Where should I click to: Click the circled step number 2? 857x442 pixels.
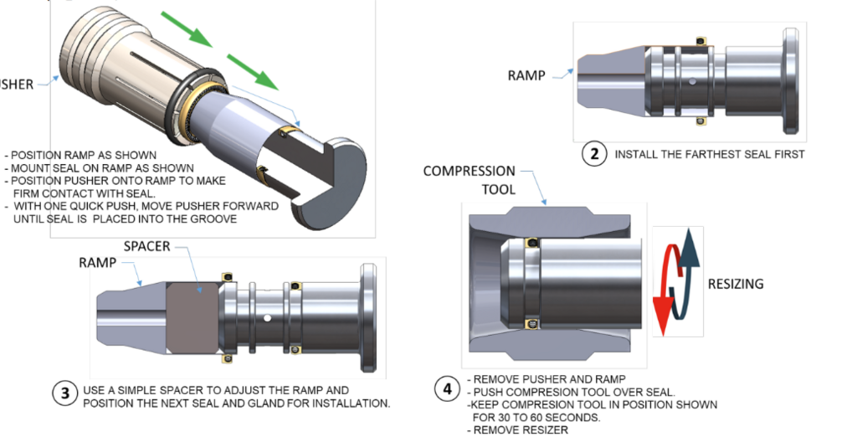(x=594, y=155)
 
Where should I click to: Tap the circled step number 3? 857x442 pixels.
(x=66, y=395)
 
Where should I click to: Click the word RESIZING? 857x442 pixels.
(x=736, y=284)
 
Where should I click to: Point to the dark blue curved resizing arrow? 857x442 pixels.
(x=689, y=269)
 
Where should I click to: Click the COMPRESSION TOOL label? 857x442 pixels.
(x=469, y=180)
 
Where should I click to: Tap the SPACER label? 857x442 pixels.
(x=147, y=248)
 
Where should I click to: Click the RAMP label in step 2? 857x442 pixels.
(x=526, y=75)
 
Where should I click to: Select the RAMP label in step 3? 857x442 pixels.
(x=98, y=262)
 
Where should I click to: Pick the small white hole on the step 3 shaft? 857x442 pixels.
(x=265, y=318)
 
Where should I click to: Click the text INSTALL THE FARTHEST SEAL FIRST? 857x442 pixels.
(x=709, y=155)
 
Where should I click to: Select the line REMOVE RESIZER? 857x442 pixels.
(x=518, y=429)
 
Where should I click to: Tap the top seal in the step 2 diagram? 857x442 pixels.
(x=701, y=41)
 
